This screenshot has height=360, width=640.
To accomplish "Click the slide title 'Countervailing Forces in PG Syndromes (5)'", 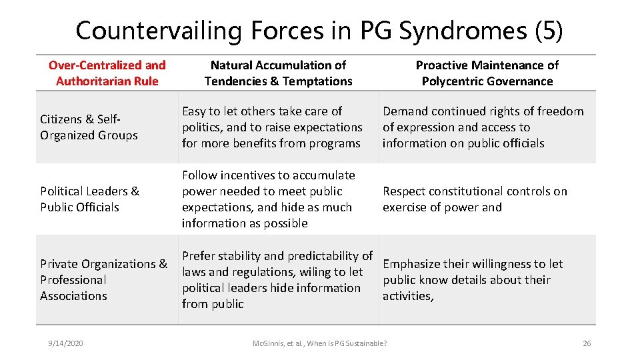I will pos(319,31).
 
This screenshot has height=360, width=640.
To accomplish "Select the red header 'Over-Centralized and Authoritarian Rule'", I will pos(107,73).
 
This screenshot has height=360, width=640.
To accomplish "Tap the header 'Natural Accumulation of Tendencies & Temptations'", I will pos(278,73).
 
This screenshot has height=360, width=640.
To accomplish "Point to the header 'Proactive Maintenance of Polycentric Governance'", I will pos(487,73).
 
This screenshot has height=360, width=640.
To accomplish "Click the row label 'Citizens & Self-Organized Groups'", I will pos(89,127).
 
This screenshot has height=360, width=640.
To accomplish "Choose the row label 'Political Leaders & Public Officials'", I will pos(89,199).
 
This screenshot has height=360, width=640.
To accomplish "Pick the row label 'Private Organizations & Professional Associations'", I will pos(103,279).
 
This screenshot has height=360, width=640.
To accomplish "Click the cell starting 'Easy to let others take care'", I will pos(272,127).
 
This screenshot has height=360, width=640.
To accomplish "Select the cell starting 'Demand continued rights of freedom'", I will pos(483,127).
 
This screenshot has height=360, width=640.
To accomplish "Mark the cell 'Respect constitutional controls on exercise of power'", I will pos(475,199).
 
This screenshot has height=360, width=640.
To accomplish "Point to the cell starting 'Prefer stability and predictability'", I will pos(277,279).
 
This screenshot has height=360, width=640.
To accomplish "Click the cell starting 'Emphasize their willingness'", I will pos(473,279).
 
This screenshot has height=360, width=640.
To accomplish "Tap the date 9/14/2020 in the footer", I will pos(65,343).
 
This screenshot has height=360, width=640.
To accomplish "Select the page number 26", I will pos(587,343).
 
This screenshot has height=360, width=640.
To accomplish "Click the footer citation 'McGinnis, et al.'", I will pos(319,343).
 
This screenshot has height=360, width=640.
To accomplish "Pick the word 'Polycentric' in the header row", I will pos(453,81).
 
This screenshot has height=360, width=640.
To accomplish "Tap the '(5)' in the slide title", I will pos(549,31).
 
